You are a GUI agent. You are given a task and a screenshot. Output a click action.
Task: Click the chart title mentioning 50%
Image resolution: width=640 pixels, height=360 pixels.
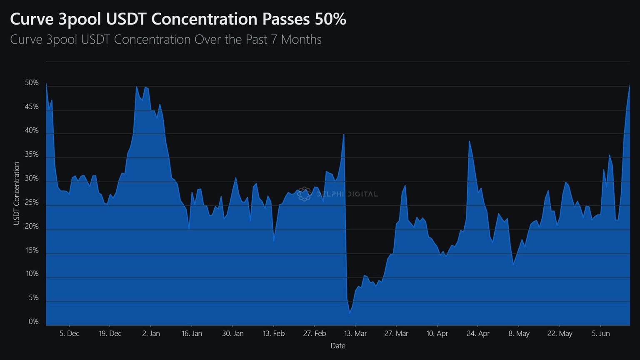tap(178, 19)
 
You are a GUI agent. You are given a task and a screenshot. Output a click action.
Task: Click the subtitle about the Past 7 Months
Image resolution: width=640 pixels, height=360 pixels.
tap(166, 40)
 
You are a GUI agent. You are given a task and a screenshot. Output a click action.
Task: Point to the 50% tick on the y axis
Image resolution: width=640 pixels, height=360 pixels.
tap(32, 83)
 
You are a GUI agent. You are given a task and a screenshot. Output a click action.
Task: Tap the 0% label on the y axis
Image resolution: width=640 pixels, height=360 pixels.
tap(33, 322)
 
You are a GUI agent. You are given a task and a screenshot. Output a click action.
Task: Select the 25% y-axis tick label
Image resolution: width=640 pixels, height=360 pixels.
tap(32, 202)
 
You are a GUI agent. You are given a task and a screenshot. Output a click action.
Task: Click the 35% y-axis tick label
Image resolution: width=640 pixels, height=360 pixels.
tap(32, 155)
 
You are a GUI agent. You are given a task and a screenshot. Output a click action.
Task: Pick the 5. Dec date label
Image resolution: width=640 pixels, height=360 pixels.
tap(69, 333)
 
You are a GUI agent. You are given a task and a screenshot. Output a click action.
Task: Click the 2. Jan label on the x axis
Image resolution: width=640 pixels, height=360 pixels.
tap(151, 333)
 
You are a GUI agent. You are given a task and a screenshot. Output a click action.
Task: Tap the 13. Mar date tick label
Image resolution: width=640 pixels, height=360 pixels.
tap(355, 333)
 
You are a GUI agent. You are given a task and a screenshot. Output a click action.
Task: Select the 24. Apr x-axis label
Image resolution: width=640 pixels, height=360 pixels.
tap(478, 333)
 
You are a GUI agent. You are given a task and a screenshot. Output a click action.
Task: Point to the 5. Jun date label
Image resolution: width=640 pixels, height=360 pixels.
tap(600, 333)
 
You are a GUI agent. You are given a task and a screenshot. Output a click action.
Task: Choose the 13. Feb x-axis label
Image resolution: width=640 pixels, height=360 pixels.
tap(274, 333)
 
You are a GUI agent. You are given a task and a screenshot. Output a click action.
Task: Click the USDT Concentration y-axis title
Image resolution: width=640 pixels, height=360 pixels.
tap(17, 193)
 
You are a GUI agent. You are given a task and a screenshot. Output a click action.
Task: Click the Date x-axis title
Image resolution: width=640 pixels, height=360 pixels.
tap(338, 346)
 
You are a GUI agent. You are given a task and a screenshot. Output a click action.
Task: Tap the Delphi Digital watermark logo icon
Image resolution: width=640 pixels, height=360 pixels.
tap(304, 194)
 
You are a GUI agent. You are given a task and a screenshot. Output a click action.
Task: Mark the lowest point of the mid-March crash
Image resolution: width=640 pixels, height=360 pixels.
tap(350, 312)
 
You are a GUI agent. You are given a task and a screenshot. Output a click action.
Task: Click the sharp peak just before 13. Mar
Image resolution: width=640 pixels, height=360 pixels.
tap(344, 134)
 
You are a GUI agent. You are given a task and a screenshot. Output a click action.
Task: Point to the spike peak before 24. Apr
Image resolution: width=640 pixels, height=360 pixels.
tap(469, 141)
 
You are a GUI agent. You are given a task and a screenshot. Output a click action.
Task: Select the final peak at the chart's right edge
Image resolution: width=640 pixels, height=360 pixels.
tap(629, 85)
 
